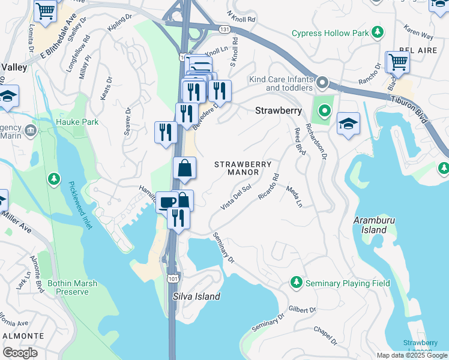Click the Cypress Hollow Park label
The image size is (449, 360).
click(330, 33)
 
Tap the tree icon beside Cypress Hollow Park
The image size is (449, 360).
click(378, 32)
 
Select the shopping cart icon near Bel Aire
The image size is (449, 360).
click(397, 61)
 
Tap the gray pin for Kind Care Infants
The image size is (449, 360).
click(323, 82)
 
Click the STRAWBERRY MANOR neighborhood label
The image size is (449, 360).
click(243, 168)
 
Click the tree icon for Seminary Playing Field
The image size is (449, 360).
click(296, 282)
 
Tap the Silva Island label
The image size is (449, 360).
click(196, 296)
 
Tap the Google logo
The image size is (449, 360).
click(20, 353)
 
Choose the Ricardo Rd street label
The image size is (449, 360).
click(269, 187)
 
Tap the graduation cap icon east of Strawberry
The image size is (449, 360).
click(348, 124)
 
